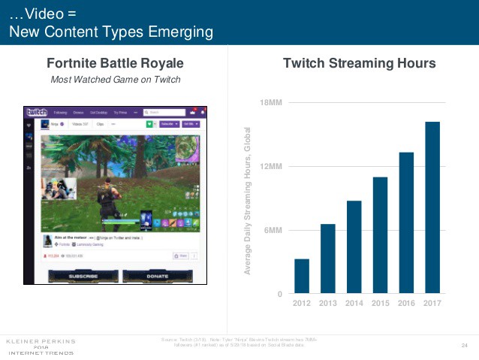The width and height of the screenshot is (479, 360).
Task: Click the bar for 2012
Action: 302,276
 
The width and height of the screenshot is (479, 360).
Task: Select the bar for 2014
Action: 354,247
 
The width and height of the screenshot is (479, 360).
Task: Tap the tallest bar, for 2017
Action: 432,207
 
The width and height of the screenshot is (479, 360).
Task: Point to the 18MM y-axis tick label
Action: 270,101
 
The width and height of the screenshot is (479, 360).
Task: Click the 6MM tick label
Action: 272,230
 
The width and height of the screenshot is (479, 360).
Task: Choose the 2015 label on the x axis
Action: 381,304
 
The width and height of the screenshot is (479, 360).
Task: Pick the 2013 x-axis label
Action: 328,304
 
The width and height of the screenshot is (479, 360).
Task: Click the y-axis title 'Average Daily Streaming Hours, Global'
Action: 246,201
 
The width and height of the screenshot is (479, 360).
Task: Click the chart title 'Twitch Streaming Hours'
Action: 359,64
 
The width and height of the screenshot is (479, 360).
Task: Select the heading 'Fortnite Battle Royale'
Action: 115,64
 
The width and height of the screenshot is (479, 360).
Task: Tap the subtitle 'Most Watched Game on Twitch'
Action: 115,80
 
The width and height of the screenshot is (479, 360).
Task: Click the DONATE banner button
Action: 158,276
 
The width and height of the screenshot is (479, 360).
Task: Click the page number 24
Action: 464,345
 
